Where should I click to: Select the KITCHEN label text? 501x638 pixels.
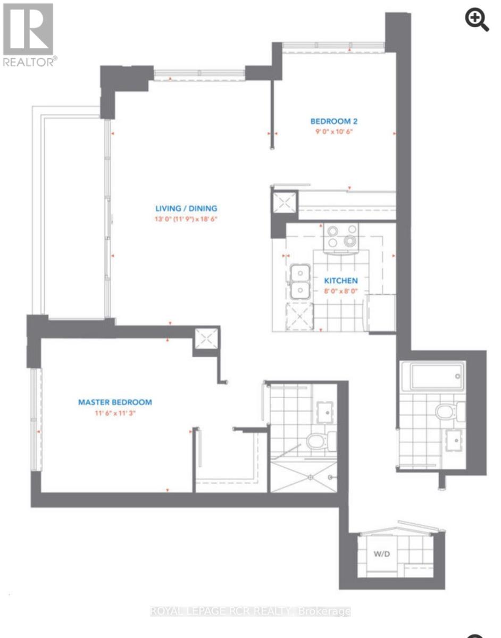[341, 280]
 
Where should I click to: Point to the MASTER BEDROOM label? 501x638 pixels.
[115, 402]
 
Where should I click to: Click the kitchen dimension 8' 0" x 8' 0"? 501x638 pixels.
[341, 291]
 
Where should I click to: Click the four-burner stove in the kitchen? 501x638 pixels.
[341, 236]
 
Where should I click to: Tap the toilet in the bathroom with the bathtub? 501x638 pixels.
[447, 411]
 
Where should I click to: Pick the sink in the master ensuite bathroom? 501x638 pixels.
[324, 410]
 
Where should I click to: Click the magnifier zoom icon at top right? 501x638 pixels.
[477, 20]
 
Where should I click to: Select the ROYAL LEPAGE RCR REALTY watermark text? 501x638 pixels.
[250, 611]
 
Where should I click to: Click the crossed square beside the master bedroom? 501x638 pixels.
[206, 338]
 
